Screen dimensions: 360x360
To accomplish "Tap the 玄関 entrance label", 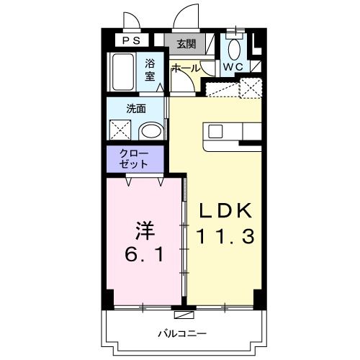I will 186,43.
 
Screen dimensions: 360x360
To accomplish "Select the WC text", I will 232,66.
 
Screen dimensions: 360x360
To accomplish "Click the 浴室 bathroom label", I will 150,69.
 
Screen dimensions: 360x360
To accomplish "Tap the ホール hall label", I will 185,67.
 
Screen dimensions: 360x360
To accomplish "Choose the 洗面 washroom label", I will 136,109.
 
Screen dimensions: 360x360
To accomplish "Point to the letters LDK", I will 225,211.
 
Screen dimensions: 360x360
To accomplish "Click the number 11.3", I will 225,235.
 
